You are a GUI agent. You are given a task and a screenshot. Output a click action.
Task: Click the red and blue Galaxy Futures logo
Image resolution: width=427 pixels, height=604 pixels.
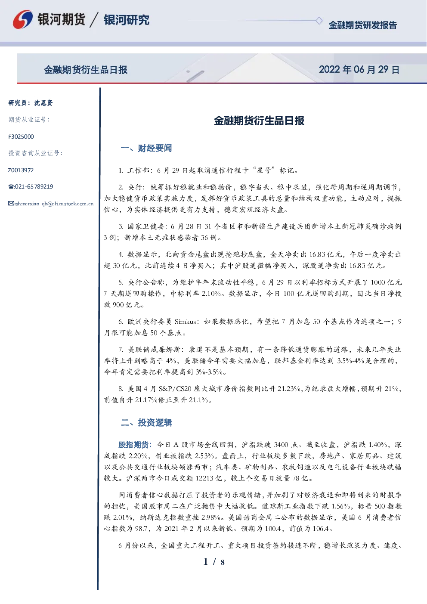pos(23,19)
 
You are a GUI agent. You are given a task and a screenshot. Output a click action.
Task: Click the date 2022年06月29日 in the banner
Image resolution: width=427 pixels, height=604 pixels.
pos(359,70)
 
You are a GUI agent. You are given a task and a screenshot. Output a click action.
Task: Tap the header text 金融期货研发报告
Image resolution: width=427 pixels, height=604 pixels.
pos(362,25)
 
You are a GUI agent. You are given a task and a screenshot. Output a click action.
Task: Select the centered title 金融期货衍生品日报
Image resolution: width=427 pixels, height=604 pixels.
pos(259,121)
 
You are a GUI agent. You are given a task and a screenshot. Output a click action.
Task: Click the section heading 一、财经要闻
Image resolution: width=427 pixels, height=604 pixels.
pos(146,148)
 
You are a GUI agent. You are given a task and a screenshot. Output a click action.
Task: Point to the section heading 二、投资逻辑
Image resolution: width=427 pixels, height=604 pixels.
pos(146,422)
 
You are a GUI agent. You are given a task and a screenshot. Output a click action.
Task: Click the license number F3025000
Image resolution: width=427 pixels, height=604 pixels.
pos(21,137)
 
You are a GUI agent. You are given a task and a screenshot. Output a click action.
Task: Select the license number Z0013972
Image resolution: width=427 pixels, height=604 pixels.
pos(21,170)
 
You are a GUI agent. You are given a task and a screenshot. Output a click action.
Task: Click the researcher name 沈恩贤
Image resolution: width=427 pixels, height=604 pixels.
pos(43,103)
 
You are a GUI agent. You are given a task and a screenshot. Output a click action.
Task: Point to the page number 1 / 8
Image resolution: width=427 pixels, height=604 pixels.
pos(214,562)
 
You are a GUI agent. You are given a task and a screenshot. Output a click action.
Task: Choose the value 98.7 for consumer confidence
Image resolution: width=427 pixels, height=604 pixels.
pos(141,529)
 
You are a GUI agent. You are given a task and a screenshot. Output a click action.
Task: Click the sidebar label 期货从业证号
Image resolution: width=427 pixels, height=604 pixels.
pos(29,120)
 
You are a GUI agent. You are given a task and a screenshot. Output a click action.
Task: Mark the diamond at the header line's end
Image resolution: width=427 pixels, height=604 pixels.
pos(319,21)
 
